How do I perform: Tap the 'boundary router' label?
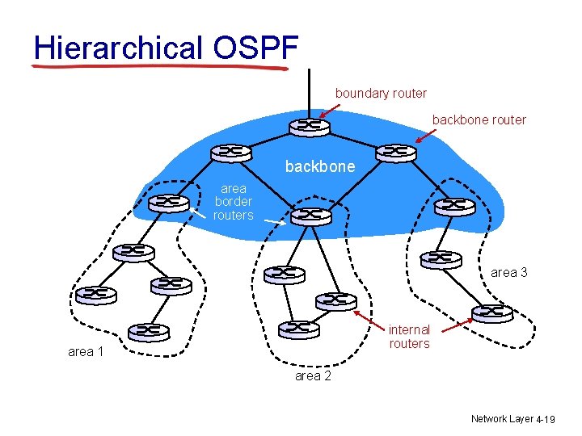click(381, 93)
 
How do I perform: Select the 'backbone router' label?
click(479, 119)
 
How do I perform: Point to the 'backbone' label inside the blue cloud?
click(319, 166)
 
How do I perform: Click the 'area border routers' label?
click(233, 202)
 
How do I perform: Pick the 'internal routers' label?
click(409, 336)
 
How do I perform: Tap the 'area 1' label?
click(86, 351)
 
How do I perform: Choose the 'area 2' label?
click(313, 375)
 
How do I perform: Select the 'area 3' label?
click(509, 272)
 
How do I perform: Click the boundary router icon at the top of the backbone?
click(309, 127)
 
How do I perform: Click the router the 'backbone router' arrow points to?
click(395, 152)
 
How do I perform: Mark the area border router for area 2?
click(311, 216)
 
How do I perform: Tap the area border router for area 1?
click(170, 201)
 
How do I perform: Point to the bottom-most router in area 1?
click(149, 331)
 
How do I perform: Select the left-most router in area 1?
click(95, 294)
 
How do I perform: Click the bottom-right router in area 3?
click(492, 312)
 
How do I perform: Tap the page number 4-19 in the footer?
click(546, 419)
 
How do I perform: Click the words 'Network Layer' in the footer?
click(501, 418)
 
